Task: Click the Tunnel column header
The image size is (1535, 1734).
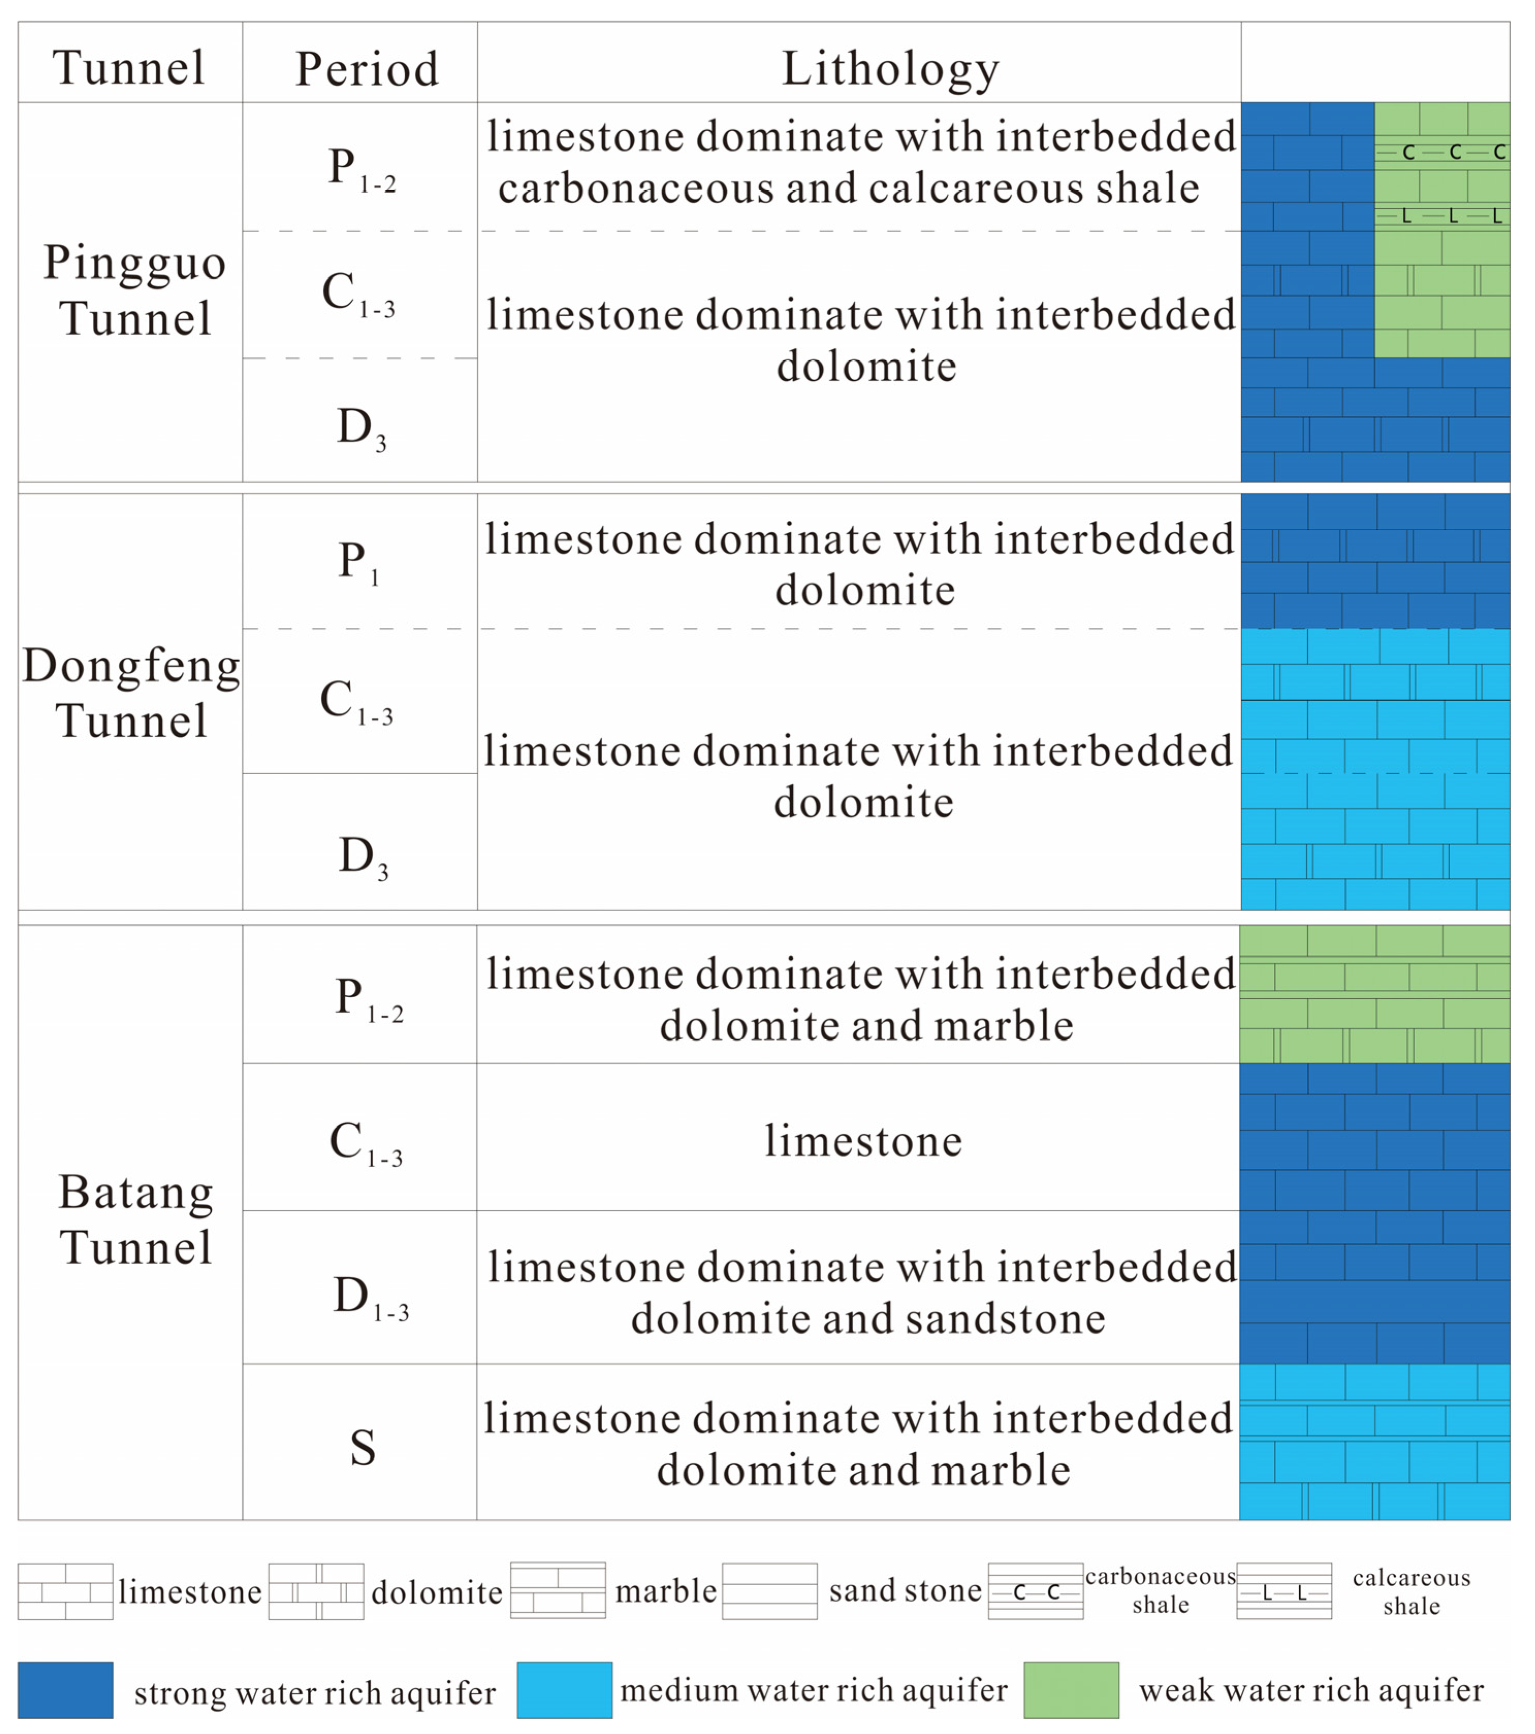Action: pos(129,67)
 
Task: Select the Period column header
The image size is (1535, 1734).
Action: pos(367,69)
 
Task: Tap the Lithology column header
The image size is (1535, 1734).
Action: pos(890,68)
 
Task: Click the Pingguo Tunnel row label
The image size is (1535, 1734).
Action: pos(134,290)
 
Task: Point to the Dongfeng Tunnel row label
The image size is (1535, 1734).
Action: pos(132,692)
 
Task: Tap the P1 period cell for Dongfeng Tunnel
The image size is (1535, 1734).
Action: pos(358,562)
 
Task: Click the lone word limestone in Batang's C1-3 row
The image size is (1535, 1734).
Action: pos(864,1141)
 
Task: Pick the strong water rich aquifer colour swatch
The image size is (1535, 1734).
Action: pos(65,1690)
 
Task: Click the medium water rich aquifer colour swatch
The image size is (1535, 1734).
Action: pos(564,1690)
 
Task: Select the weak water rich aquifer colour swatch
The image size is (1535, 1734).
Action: pos(1071,1690)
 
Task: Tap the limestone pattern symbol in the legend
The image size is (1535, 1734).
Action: pos(65,1591)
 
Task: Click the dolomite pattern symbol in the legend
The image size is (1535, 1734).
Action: pos(316,1591)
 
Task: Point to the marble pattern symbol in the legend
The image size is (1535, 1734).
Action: pos(558,1591)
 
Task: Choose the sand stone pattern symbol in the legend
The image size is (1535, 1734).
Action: pos(769,1591)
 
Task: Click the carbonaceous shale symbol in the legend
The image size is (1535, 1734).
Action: pos(1036,1591)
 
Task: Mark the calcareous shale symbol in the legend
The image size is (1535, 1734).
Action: pos(1284,1591)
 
